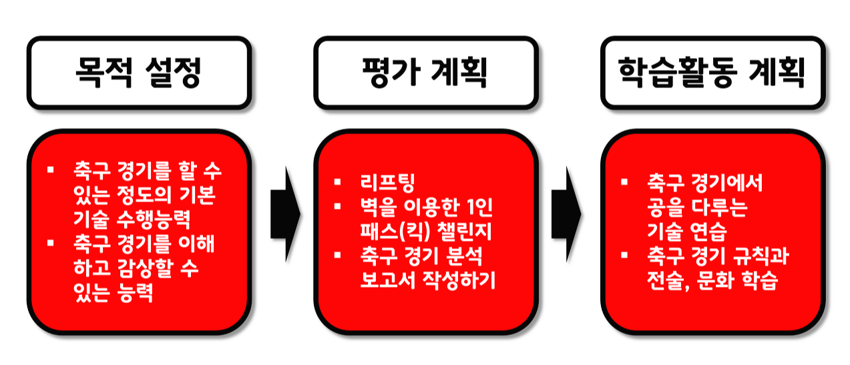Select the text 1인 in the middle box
[479, 207]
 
